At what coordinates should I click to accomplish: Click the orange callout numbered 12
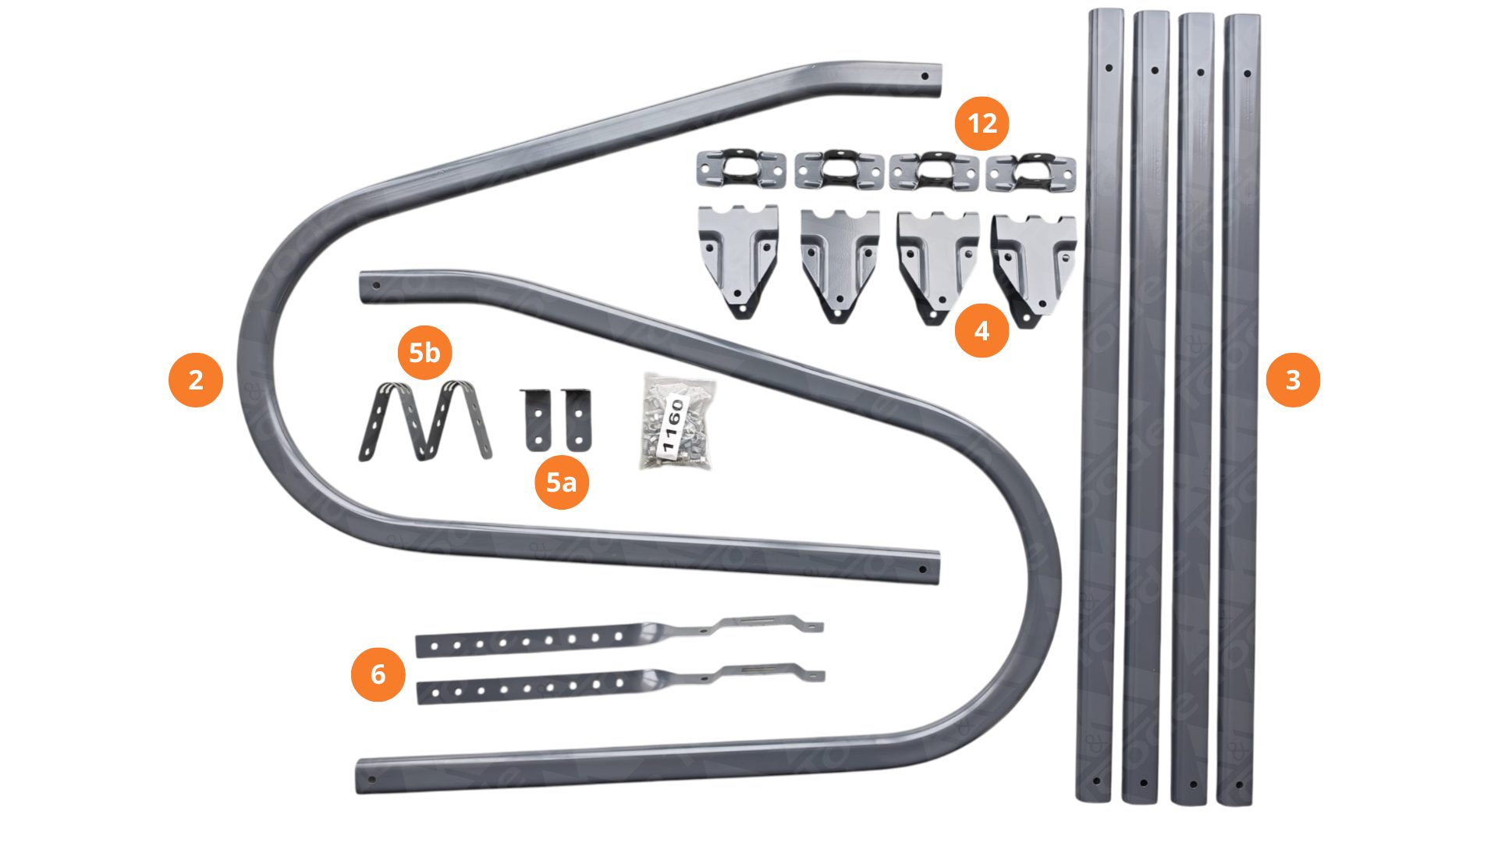click(x=982, y=123)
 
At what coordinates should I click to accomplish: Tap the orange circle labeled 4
click(x=982, y=330)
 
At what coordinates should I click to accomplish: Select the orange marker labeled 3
click(x=1293, y=380)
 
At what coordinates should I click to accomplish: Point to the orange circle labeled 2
click(x=196, y=380)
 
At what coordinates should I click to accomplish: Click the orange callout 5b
click(x=424, y=353)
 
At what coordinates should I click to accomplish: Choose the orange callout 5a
click(x=561, y=482)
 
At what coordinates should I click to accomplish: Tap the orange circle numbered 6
click(x=378, y=674)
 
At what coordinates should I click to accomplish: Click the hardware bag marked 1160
click(x=675, y=422)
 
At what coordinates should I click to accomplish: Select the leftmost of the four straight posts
click(x=1100, y=406)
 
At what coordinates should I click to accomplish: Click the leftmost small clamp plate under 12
click(x=740, y=169)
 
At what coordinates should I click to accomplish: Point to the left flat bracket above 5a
click(x=536, y=419)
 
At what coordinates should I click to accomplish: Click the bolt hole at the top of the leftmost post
click(x=1108, y=68)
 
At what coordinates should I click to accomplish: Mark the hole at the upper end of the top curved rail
click(x=925, y=76)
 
